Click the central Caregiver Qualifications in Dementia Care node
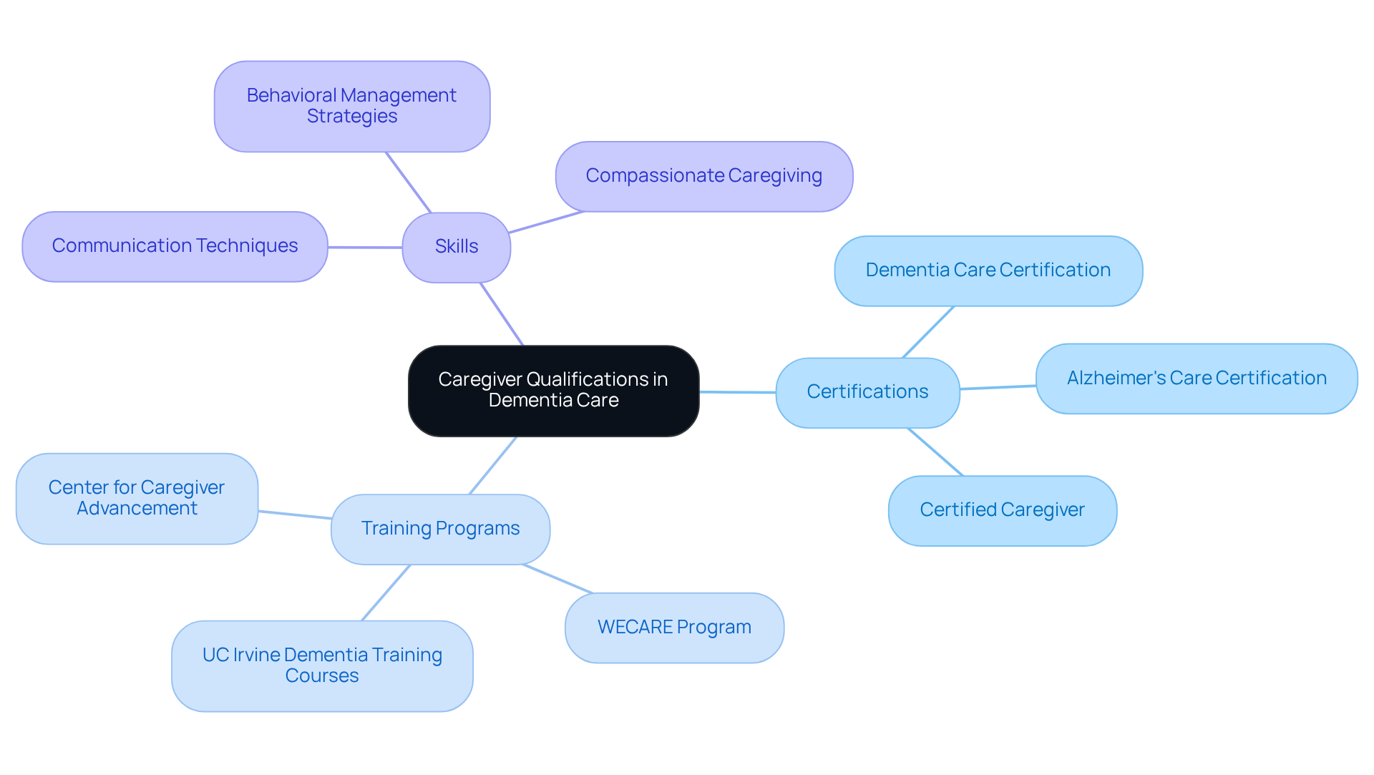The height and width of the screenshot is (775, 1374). (553, 391)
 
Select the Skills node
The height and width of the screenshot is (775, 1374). (457, 247)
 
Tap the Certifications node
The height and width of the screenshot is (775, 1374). (867, 392)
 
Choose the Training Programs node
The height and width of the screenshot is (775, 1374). (440, 529)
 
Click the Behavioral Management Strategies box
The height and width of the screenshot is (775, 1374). (351, 106)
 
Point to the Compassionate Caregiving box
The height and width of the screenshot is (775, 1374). (703, 176)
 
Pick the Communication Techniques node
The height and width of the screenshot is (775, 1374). (175, 246)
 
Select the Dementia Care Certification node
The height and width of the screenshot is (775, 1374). (988, 270)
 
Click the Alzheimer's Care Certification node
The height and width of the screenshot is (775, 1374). (1196, 379)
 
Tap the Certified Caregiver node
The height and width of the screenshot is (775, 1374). (1002, 510)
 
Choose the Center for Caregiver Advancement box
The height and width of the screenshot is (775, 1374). (137, 498)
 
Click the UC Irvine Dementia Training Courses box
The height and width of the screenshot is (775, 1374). (322, 666)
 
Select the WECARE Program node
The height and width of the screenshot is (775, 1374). (674, 628)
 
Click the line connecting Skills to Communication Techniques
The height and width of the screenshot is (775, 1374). (365, 248)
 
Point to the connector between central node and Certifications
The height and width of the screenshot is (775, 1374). (737, 392)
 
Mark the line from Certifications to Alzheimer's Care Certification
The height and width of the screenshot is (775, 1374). (998, 387)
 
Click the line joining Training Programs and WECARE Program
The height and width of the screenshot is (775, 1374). (557, 579)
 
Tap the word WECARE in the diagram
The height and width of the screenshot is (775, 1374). (635, 628)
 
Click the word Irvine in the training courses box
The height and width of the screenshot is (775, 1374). (256, 655)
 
